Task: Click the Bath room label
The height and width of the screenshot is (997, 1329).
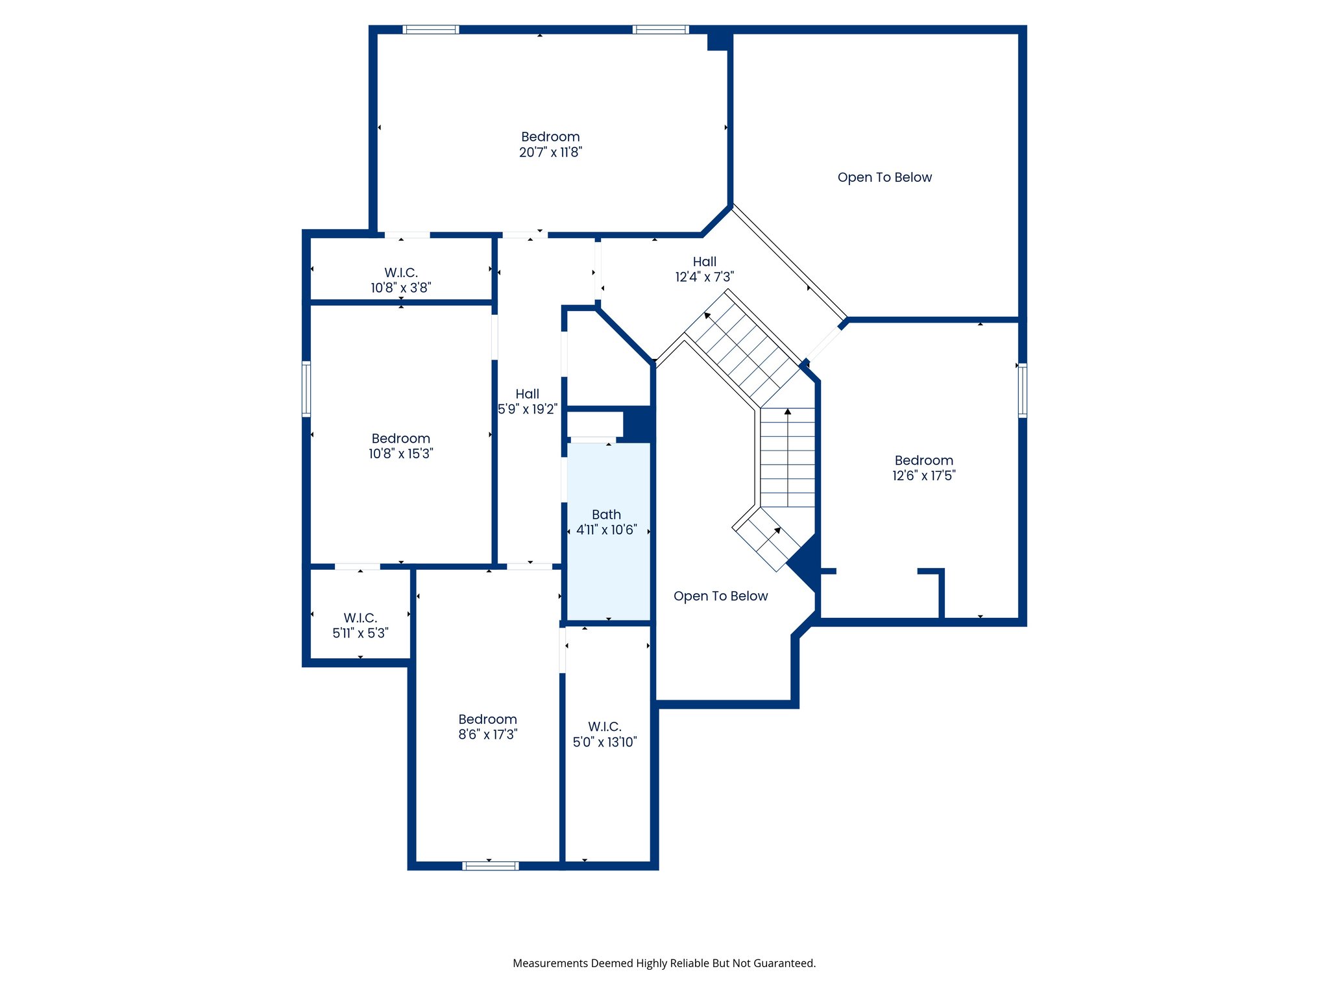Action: (606, 515)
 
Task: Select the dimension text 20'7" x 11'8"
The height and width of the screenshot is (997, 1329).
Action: (550, 153)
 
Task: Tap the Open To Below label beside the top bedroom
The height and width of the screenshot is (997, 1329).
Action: (884, 178)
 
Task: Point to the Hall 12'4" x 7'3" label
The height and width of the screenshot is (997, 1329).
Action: (704, 269)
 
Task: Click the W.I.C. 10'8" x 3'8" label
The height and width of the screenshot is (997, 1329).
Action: (401, 280)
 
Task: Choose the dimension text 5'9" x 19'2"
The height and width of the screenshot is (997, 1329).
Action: (527, 410)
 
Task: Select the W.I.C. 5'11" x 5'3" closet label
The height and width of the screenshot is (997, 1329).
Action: (360, 626)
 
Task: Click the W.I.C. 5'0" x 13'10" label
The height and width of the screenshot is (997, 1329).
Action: (605, 734)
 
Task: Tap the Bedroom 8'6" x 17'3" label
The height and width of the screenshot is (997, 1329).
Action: (487, 727)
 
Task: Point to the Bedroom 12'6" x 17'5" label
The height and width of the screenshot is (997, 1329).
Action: (923, 468)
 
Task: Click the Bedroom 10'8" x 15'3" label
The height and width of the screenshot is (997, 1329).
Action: (400, 447)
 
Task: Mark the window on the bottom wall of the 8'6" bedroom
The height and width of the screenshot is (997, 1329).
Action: (491, 866)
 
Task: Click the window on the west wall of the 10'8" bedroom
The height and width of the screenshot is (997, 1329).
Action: (306, 389)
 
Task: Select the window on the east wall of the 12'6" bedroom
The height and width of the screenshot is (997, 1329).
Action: (1022, 390)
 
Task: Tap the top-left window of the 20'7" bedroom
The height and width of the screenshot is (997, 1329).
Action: (430, 29)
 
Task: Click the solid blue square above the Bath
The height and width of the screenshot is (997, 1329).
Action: (638, 423)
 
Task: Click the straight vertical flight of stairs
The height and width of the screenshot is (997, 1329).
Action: (787, 458)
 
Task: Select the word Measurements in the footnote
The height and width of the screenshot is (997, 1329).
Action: (550, 963)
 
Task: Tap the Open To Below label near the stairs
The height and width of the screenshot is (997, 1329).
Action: (720, 597)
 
